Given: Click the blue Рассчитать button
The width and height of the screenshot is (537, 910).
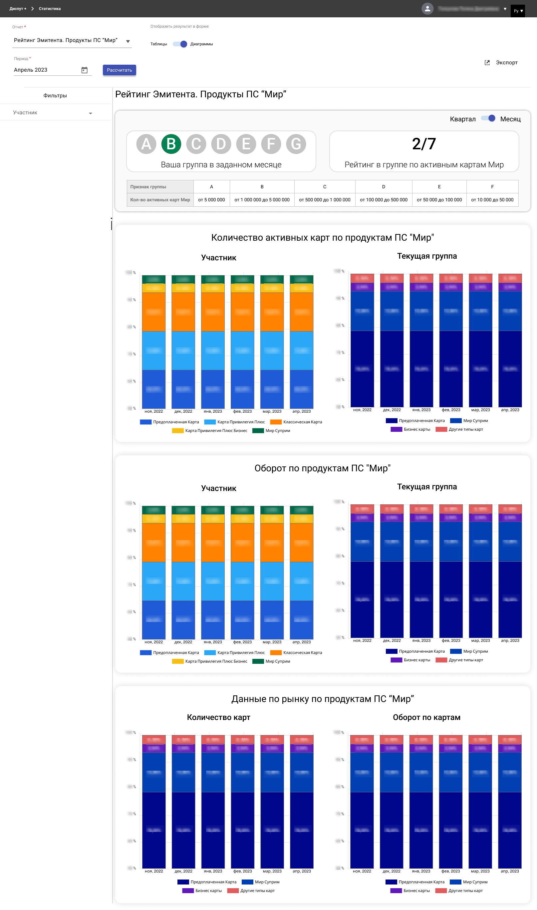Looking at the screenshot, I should coord(119,70).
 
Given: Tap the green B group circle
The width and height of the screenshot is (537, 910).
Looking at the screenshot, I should coord(171,144).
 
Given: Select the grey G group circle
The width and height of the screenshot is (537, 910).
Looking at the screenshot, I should coord(296,144).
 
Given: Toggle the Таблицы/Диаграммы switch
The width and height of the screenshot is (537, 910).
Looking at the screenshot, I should coord(180,44).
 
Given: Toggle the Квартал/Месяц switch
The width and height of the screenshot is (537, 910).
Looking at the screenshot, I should coord(488,118).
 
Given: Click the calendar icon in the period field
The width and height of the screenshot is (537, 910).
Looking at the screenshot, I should coord(84,70).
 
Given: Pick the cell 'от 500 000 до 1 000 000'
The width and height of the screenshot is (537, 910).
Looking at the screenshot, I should coord(324,200).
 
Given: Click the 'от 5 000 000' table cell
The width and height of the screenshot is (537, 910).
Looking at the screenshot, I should coord(211,200).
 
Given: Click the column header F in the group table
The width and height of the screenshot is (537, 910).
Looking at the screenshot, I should coord(492,187).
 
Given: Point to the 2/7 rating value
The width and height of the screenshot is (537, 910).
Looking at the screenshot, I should coord(424,144).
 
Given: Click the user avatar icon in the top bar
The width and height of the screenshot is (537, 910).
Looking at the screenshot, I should coord(427,9).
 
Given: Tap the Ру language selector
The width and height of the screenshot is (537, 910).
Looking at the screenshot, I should coord(518,11).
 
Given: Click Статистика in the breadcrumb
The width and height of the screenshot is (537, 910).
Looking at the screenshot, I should coord(50,9).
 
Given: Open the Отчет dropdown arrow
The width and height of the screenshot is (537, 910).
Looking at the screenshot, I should coord(128,41).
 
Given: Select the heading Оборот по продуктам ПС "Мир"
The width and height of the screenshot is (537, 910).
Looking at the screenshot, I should coord(322,468).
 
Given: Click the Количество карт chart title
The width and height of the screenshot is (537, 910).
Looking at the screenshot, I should coord(219,717).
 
